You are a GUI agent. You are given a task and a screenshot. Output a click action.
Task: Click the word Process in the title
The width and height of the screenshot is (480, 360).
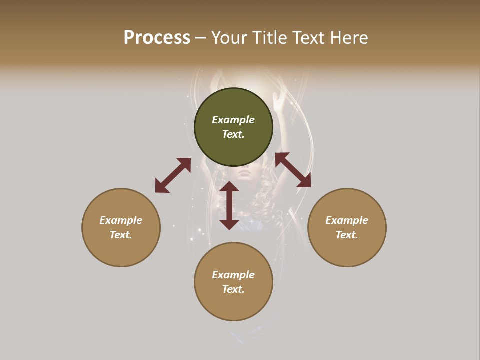[157, 38]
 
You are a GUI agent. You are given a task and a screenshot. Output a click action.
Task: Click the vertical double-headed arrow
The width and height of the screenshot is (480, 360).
[229, 205]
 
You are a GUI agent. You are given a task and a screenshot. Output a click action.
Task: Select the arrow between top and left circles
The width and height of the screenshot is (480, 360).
[173, 175]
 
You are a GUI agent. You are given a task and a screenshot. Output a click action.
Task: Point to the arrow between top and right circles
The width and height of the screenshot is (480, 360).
[293, 170]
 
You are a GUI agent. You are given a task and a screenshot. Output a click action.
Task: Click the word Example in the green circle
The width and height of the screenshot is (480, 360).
[233, 120]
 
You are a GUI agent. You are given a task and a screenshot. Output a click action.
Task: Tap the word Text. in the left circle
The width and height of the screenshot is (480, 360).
[121, 235]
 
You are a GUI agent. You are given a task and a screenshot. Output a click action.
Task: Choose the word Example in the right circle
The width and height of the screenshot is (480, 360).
[347, 220]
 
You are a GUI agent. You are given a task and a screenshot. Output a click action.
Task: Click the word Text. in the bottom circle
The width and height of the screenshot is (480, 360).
[233, 289]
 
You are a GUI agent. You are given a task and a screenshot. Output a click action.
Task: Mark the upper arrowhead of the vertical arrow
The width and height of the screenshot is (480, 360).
[229, 187]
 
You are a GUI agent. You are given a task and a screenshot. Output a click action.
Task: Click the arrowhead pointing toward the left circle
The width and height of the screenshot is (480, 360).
[161, 187]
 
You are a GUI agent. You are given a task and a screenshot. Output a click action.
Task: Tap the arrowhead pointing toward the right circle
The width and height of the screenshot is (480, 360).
[304, 181]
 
